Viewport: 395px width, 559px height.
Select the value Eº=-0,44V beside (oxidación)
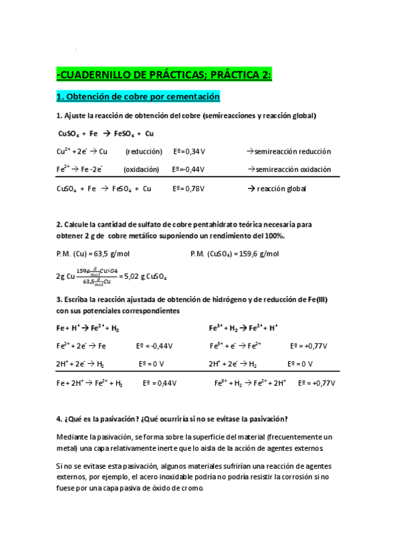point(188,169)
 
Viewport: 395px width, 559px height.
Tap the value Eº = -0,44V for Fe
point(154,345)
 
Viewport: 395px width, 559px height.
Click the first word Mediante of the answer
point(75,437)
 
